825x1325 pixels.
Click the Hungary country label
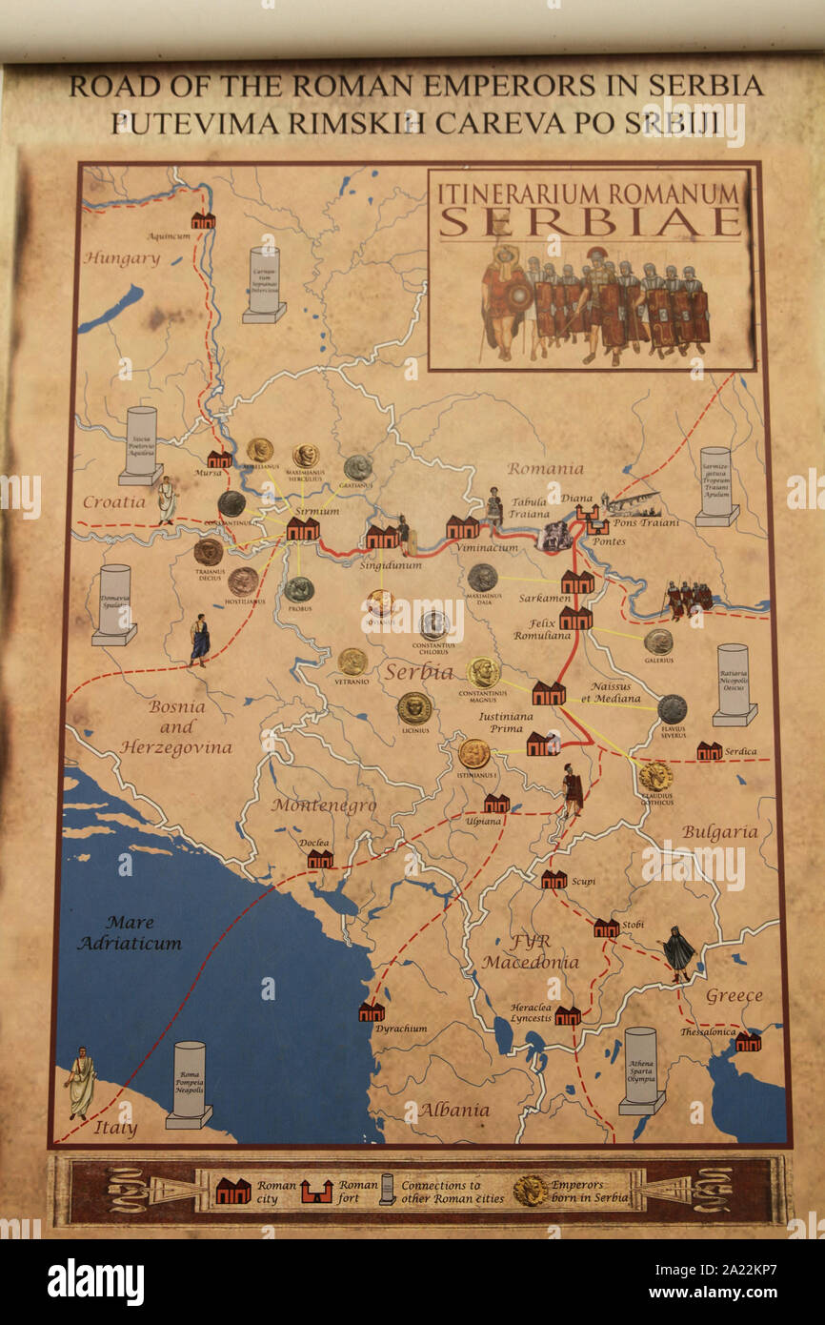coord(121,258)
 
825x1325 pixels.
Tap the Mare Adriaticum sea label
coord(130,932)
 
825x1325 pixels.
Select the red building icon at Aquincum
coord(203,221)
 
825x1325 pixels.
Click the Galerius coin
coord(657,642)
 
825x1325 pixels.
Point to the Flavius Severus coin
coord(672,708)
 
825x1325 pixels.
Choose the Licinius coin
coord(414,707)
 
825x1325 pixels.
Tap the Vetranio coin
coord(352,662)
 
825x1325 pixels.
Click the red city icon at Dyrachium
coord(372,1012)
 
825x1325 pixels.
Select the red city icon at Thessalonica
coord(748,1042)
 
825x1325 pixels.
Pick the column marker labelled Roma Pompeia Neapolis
coord(189,1084)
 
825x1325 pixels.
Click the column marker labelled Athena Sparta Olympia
coord(641,1070)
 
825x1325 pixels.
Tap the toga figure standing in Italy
coord(82,1082)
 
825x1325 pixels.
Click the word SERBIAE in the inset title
coord(590,221)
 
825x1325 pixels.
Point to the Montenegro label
coord(324,805)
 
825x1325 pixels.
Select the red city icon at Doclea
coord(320,860)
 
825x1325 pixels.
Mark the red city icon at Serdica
coord(709,751)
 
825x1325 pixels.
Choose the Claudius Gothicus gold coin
coord(655,776)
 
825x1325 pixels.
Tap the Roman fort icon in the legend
coord(316,1191)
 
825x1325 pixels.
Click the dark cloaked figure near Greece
coord(678,951)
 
